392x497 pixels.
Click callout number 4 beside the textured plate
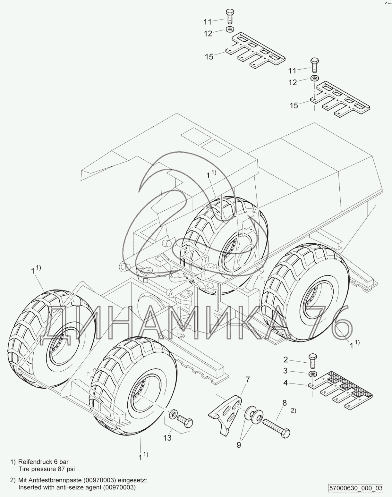285,383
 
